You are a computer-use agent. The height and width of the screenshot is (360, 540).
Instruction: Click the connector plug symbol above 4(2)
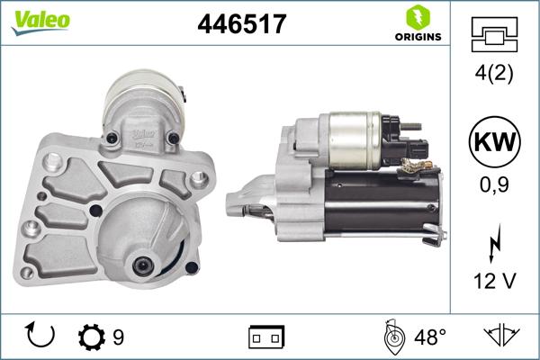point(494,35)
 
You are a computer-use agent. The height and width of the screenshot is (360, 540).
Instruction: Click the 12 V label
point(494,282)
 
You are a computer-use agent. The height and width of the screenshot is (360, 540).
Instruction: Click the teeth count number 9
point(118,337)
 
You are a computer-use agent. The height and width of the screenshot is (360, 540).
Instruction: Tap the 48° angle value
point(431,337)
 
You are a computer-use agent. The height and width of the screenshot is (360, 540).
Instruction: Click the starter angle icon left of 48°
point(392,337)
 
